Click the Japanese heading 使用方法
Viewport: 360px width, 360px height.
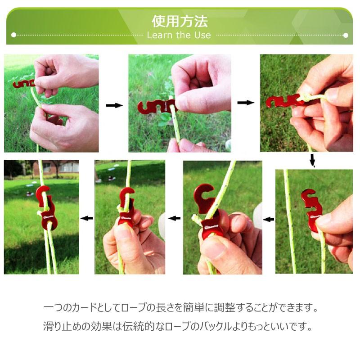pyautogui.click(x=180, y=21)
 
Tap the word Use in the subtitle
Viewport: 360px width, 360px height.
pyautogui.click(x=202, y=35)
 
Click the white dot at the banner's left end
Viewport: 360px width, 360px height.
pyautogui.click(x=13, y=35)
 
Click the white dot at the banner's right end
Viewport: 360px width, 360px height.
pyautogui.click(x=346, y=36)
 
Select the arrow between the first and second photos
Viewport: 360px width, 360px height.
pyautogui.click(x=114, y=105)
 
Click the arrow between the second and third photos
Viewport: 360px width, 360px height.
pyautogui.click(x=245, y=103)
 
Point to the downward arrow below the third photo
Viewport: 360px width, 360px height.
pyautogui.click(x=312, y=160)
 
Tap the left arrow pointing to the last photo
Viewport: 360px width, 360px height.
pyautogui.click(x=86, y=218)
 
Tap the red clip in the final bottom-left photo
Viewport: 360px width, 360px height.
pyautogui.click(x=46, y=208)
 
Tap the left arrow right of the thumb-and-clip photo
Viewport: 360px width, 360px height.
pyautogui.click(x=268, y=220)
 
